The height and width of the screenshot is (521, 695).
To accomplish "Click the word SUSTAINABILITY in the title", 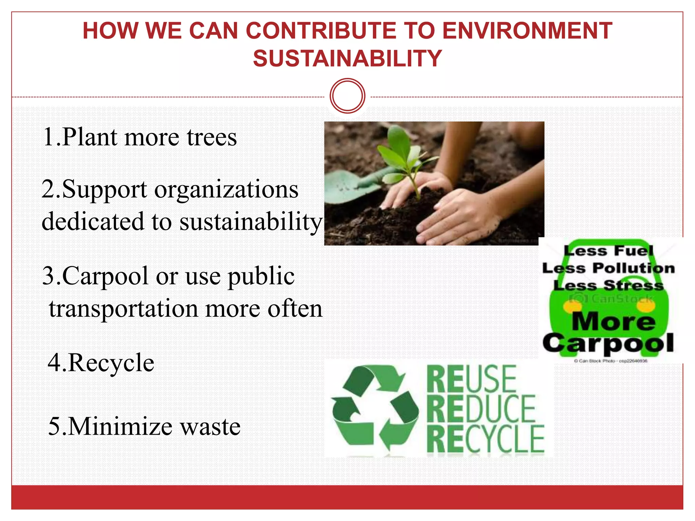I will (x=347, y=58).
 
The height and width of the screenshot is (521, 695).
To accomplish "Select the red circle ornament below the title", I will (x=347, y=96).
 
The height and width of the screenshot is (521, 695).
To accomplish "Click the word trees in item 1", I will (x=212, y=138).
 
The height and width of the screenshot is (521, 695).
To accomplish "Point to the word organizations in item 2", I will (x=226, y=190).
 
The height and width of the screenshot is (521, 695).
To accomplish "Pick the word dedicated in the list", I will (x=93, y=221).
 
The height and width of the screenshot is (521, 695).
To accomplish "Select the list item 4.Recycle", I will (x=101, y=363).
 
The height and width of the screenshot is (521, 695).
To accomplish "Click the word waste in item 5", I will (x=210, y=427).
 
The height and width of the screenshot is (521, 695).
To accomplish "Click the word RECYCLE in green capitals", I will (x=486, y=439).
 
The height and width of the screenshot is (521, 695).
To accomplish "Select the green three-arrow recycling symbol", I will (x=374, y=409).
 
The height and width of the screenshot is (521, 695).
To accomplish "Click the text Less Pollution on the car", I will (x=608, y=268).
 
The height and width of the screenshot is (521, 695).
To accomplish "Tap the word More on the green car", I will (x=614, y=321).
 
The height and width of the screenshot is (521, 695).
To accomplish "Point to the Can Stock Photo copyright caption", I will (x=611, y=361).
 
